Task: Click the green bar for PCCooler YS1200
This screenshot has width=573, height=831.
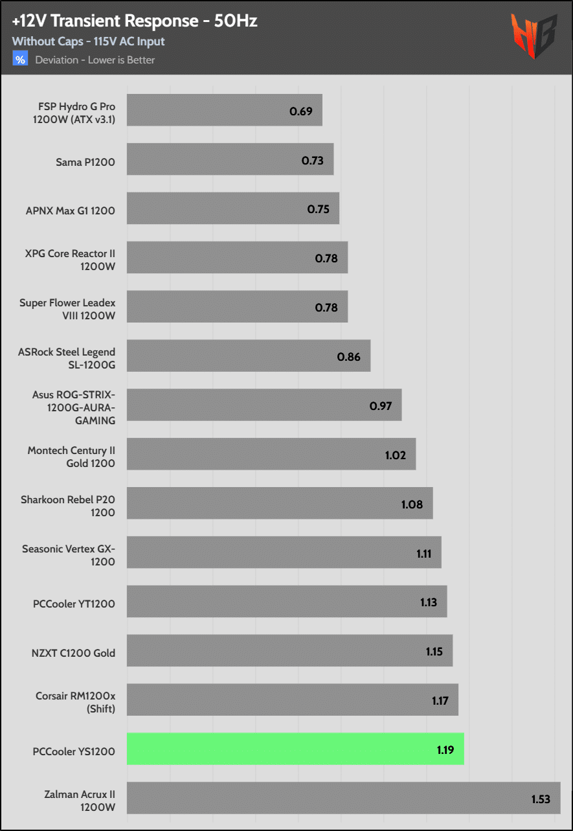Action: [295, 749]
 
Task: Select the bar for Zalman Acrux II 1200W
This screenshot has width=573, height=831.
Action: [343, 798]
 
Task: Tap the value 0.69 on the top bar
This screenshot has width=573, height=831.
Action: [301, 111]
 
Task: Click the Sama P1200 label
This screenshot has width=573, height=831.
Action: [85, 162]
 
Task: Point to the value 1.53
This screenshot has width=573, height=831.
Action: [541, 799]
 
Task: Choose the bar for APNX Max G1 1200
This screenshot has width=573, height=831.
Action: [233, 209]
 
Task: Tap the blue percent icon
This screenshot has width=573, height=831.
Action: [21, 60]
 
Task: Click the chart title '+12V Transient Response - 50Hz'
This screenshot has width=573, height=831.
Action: [135, 21]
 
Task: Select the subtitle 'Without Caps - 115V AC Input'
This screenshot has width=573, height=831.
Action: [89, 41]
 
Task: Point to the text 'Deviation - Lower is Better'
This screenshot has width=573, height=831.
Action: [95, 60]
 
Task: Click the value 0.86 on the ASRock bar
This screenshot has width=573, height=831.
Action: [349, 356]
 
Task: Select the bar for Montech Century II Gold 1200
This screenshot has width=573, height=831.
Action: [271, 454]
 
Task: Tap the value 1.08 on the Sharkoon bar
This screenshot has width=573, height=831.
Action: [412, 504]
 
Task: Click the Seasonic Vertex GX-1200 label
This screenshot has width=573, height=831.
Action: [69, 555]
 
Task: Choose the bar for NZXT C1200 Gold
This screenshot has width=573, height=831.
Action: [289, 650]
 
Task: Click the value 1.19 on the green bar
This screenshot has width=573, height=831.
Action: [445, 749]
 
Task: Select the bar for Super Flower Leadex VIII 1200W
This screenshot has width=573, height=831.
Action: [237, 307]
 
